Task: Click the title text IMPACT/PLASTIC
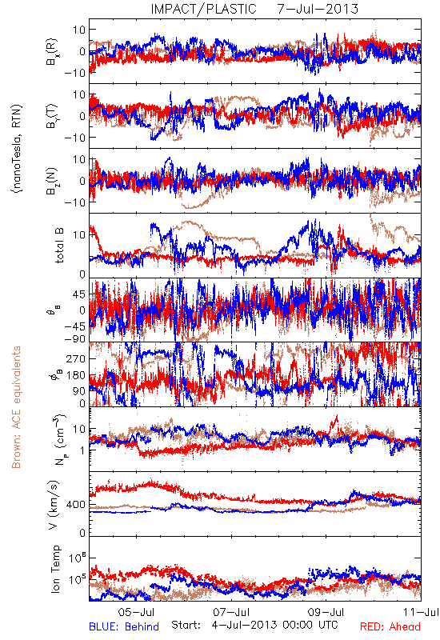[204, 9]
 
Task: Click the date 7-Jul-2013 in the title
[318, 9]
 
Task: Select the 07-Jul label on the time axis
[231, 612]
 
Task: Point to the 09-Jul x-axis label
[326, 612]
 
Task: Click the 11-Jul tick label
[421, 612]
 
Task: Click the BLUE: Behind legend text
[124, 626]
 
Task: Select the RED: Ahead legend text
[390, 626]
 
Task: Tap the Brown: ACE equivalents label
[16, 407]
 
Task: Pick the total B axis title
[59, 246]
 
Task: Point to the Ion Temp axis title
[55, 569]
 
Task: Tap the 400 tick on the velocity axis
[76, 505]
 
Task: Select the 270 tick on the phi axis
[76, 358]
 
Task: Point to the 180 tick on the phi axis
[76, 375]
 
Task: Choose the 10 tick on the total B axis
[79, 235]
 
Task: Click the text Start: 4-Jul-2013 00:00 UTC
[254, 625]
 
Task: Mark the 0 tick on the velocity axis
[83, 533]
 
